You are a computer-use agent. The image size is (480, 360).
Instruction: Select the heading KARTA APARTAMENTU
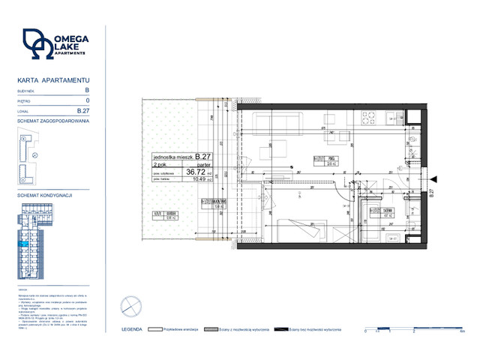click(53, 79)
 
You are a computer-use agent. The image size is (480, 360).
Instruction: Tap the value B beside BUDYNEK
click(87, 89)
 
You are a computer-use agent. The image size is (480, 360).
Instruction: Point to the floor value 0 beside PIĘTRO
click(88, 100)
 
